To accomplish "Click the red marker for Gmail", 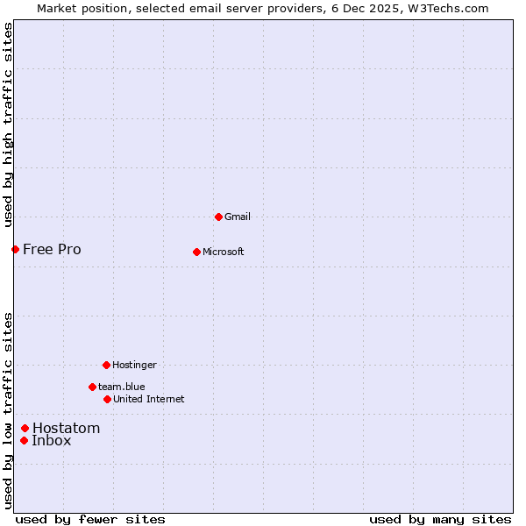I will click(x=218, y=217).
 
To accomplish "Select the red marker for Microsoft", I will click(x=196, y=252).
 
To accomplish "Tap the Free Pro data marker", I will click(x=15, y=249).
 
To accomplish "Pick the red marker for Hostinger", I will click(x=106, y=365).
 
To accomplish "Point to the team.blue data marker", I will click(x=92, y=387).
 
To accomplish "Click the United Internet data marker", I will click(x=107, y=399).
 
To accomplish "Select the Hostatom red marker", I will click(x=25, y=428).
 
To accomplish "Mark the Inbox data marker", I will click(x=24, y=440).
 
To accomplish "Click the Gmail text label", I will click(x=238, y=217).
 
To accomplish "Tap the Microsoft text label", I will click(x=223, y=252).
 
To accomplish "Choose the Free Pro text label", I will click(x=52, y=249).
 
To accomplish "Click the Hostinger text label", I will click(x=134, y=365).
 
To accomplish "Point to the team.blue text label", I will click(x=121, y=387).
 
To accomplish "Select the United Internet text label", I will click(x=148, y=399).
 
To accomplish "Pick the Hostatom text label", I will click(x=66, y=428).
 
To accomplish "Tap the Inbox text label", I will click(x=51, y=440).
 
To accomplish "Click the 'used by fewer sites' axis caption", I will click(x=90, y=519).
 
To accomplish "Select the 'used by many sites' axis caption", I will click(x=440, y=519).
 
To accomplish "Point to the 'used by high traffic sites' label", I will click(x=8, y=124).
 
